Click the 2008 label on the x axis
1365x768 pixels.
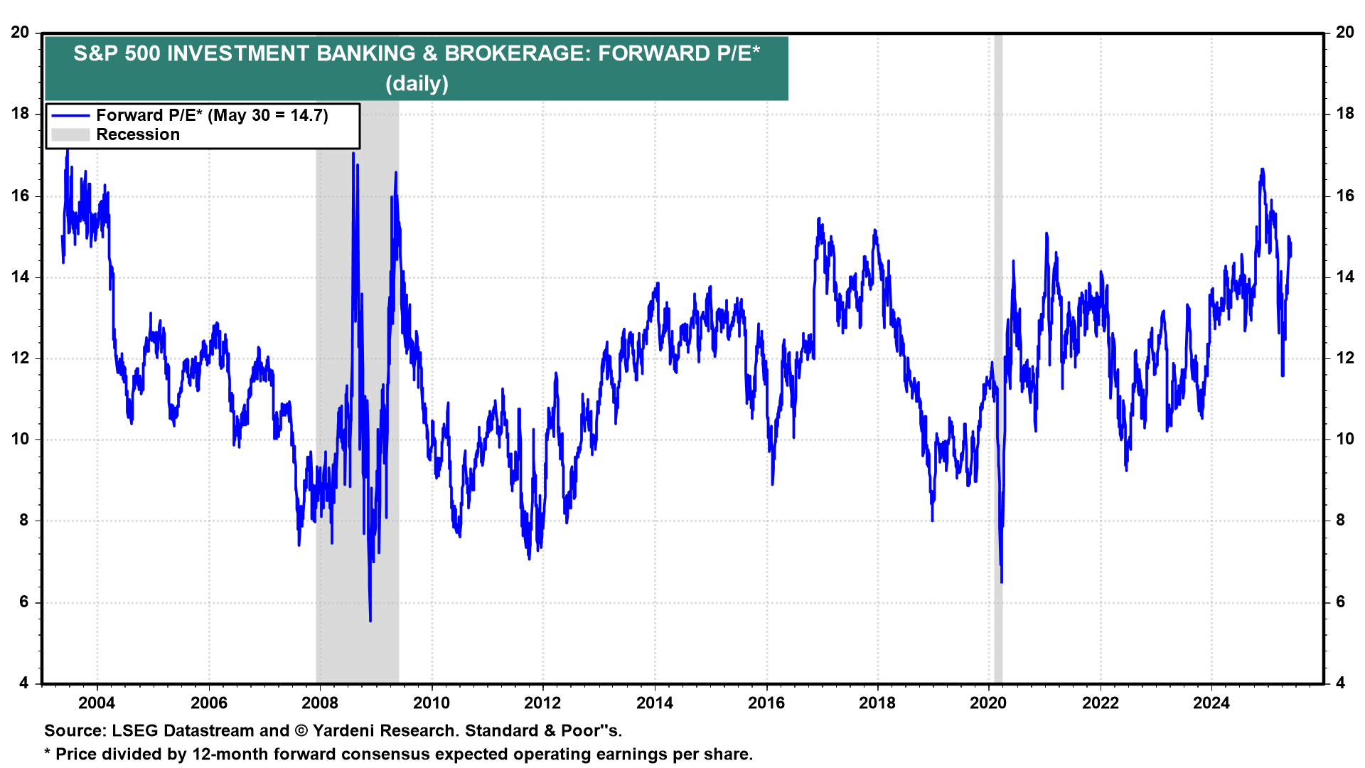(x=320, y=703)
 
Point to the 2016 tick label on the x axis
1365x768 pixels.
(x=766, y=703)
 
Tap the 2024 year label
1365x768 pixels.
(x=1211, y=703)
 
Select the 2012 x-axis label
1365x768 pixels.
(x=542, y=703)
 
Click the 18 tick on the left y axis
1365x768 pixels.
(x=20, y=114)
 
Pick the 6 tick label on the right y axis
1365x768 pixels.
(x=1340, y=602)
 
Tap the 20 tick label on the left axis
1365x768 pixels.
(x=20, y=33)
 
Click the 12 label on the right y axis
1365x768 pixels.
(x=1344, y=358)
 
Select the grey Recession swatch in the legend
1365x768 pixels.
(x=70, y=135)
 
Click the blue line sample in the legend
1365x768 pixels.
(x=70, y=116)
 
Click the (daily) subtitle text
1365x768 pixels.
(x=417, y=84)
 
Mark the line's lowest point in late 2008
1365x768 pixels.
(x=370, y=620)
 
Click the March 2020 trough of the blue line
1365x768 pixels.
(x=1002, y=582)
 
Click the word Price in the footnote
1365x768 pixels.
(x=77, y=754)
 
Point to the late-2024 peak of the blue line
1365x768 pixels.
(x=1262, y=169)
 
